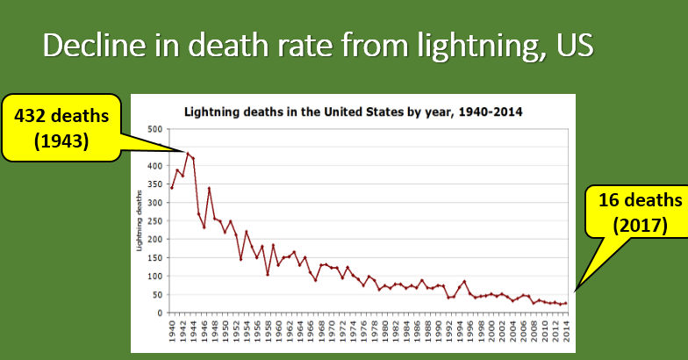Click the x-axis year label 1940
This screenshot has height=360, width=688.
(x=172, y=332)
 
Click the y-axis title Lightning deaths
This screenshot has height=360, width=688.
(x=140, y=221)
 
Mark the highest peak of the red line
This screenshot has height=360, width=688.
(x=188, y=154)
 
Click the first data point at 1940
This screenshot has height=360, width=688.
(x=172, y=187)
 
